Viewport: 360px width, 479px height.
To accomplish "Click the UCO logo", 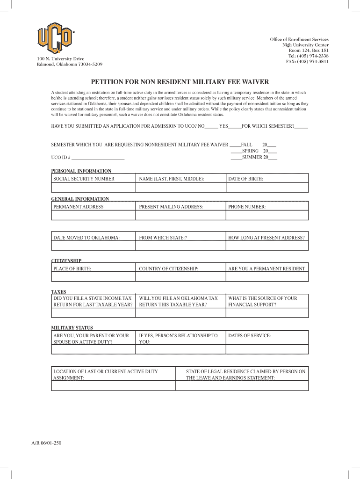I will tap(56, 37).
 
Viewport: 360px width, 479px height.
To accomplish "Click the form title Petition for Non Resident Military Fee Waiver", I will tap(180, 81).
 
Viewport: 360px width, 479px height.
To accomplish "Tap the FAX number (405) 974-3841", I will tap(307, 61).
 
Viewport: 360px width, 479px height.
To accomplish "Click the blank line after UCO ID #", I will tap(98, 158).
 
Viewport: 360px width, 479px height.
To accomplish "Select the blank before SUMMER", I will tap(236, 157).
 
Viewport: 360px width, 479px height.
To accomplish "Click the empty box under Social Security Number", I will tap(93, 187).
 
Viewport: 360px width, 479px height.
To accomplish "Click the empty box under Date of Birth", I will tap(267, 187).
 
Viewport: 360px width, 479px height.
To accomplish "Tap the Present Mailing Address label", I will tap(171, 206).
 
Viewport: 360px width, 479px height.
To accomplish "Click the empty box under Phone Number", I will tap(267, 215).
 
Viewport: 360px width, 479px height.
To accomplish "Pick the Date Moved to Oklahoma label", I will tap(86, 238).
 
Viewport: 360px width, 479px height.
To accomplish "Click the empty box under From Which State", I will tap(180, 246).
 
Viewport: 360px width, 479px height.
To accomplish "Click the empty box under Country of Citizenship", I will tap(180, 277).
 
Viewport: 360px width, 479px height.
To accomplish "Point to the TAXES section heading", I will tap(58, 291).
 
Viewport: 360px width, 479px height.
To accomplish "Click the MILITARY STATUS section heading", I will tap(72, 328).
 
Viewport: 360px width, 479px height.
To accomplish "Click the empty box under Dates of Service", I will tap(267, 349).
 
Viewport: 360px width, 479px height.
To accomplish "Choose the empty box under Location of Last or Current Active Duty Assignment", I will tap(113, 385).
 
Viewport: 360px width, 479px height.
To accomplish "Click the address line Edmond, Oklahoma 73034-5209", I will tap(70, 64).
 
